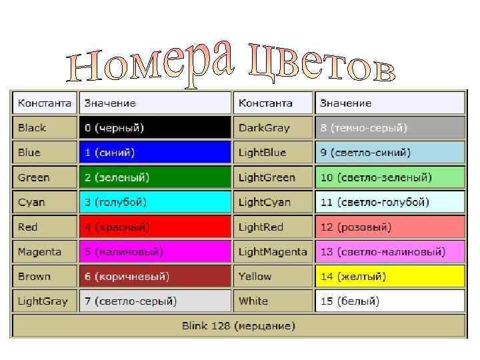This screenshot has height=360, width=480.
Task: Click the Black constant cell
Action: [44, 127]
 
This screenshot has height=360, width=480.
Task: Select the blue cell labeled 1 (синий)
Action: [155, 152]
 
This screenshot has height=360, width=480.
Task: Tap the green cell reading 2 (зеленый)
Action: [155, 177]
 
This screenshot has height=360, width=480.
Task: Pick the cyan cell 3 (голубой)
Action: [155, 202]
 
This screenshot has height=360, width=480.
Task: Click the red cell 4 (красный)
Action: [155, 227]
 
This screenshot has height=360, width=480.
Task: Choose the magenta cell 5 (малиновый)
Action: [155, 251]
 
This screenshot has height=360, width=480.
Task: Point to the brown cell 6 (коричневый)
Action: [155, 276]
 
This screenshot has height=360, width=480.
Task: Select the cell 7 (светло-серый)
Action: [155, 301]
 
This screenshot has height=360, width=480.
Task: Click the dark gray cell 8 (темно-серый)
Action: [389, 127]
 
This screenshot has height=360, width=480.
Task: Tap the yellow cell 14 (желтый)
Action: [389, 276]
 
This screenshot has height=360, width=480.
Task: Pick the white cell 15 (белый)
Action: [389, 301]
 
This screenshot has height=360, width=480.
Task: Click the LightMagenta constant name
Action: [273, 251]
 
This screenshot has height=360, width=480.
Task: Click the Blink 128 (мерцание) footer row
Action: [238, 325]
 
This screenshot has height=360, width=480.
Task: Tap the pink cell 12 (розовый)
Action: [389, 227]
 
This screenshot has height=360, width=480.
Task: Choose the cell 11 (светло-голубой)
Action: [389, 202]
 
